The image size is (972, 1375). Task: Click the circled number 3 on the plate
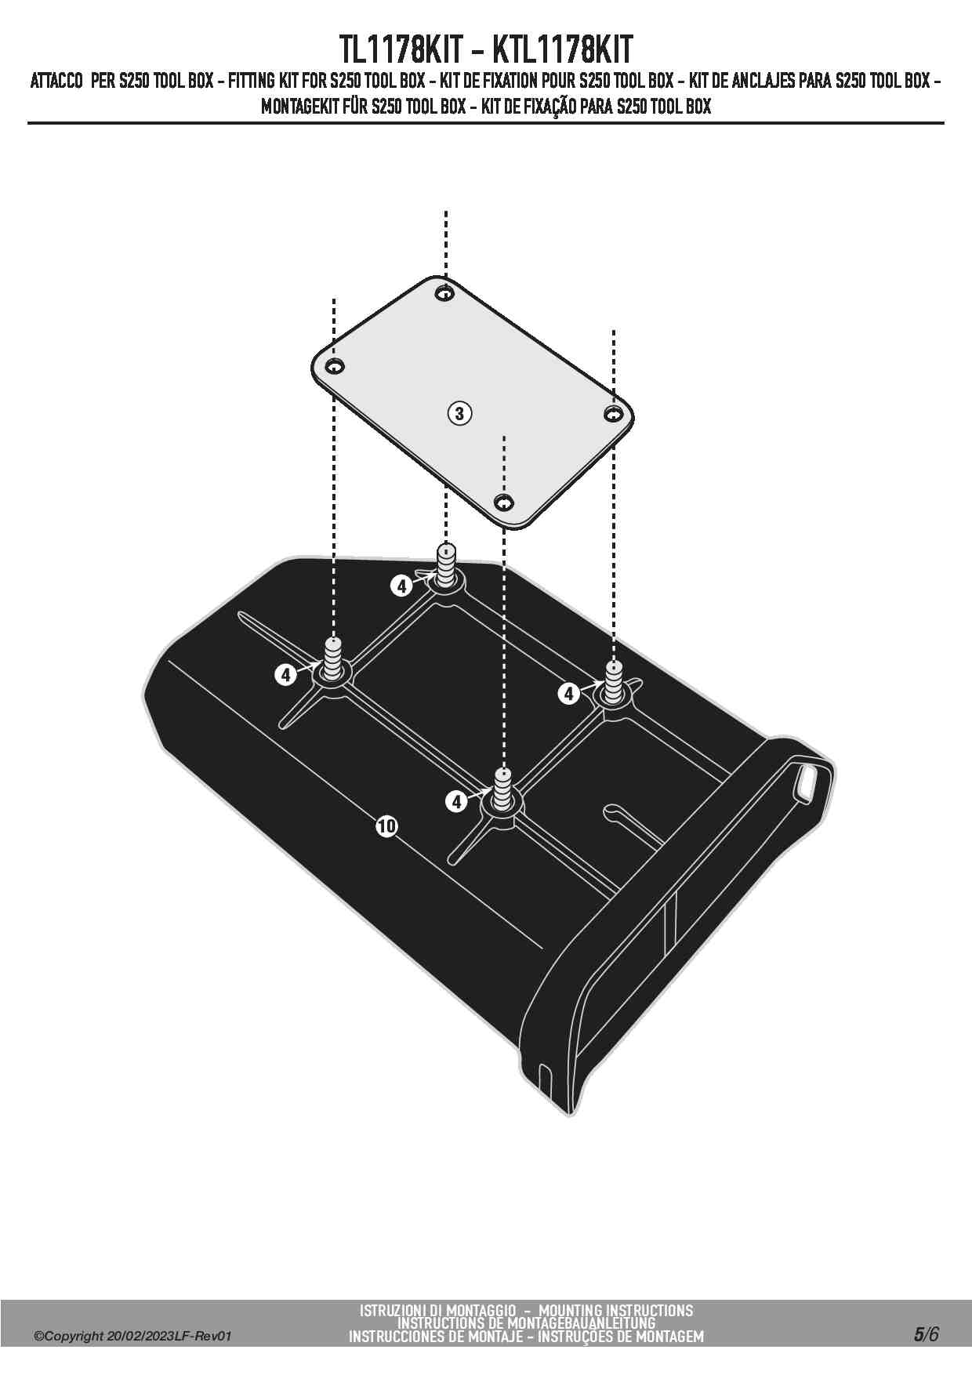click(x=459, y=412)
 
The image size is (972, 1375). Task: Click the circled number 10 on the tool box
click(x=386, y=825)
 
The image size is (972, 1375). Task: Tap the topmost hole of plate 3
click(x=445, y=294)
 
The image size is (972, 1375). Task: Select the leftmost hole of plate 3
click(x=335, y=366)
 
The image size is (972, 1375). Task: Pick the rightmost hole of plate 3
click(x=613, y=413)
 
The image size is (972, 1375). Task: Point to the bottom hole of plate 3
click(x=504, y=501)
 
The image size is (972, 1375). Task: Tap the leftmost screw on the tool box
click(x=335, y=659)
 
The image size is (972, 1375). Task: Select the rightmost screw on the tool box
click(x=613, y=681)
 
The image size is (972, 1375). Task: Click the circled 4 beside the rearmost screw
click(x=401, y=585)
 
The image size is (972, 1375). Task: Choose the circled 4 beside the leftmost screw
click(x=286, y=673)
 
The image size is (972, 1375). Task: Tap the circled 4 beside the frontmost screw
click(x=456, y=801)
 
